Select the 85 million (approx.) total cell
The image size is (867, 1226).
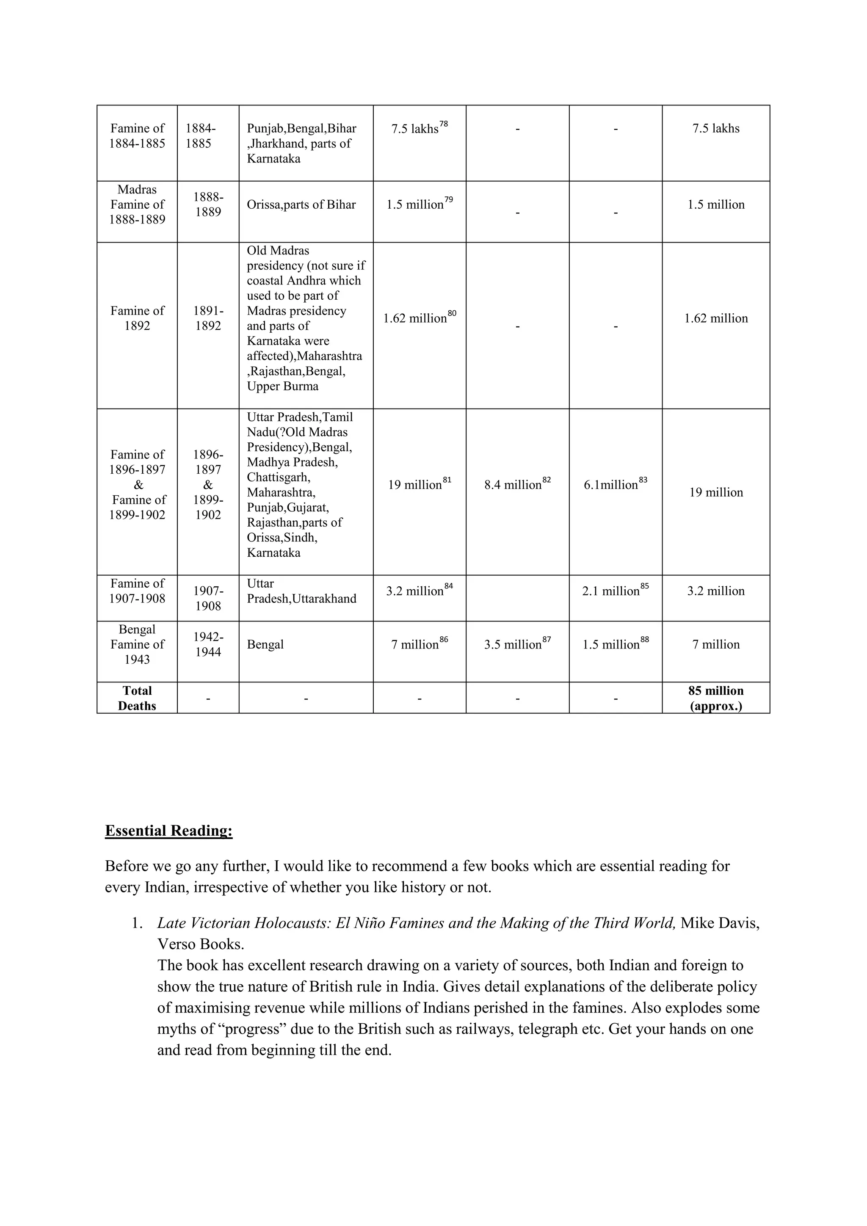715,698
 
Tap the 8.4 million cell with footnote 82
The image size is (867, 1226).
517,484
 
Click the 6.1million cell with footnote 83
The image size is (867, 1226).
615,484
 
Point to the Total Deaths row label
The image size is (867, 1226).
137,698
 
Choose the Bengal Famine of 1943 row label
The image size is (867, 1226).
137,644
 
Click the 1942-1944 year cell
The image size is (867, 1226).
208,644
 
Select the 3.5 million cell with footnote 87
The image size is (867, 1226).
517,644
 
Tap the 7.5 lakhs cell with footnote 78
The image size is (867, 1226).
419,129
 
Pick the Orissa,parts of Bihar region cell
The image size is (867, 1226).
301,204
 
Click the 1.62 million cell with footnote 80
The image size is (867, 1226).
419,318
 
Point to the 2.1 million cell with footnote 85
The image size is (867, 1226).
615,591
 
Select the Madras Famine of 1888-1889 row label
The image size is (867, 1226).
137,204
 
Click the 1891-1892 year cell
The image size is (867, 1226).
208,318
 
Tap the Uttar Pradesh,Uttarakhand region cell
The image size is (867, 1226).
301,591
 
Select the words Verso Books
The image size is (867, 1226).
200,944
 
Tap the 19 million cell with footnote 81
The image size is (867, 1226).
419,484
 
